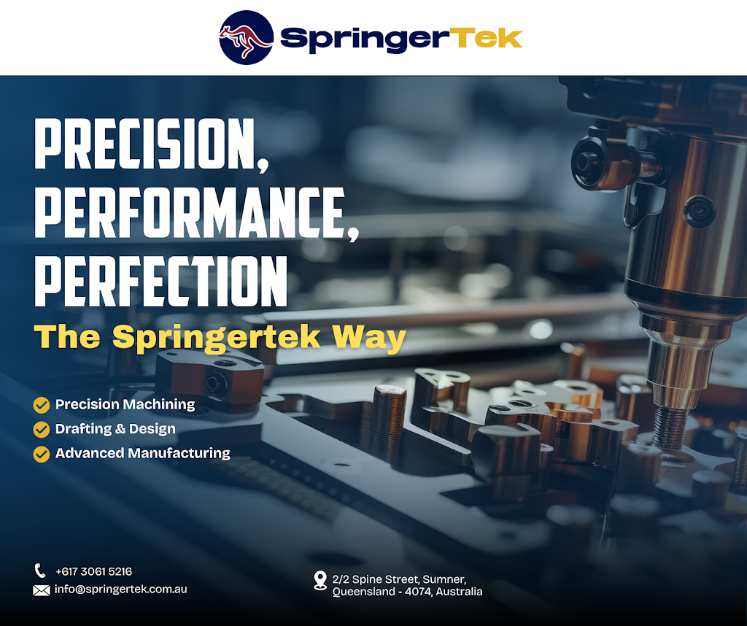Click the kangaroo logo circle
pyautogui.click(x=247, y=37)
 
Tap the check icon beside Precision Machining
pyautogui.click(x=42, y=404)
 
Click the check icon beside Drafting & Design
pyautogui.click(x=42, y=429)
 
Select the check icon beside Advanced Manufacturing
pyautogui.click(x=42, y=454)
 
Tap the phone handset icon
pyautogui.click(x=40, y=571)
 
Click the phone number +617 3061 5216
pyautogui.click(x=93, y=571)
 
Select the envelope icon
pyautogui.click(x=42, y=590)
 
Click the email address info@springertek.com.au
pyautogui.click(x=120, y=589)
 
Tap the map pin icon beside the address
pyautogui.click(x=320, y=580)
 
